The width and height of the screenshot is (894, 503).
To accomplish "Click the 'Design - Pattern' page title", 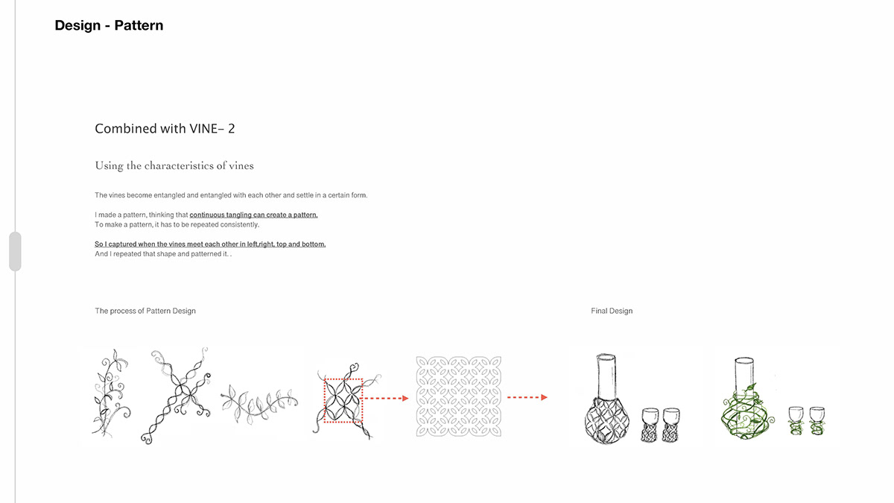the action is click(109, 25).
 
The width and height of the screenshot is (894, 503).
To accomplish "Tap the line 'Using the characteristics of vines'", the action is click(174, 165).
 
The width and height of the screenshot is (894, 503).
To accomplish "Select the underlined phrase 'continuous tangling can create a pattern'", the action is click(253, 215).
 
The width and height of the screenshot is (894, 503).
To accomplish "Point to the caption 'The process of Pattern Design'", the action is click(145, 311).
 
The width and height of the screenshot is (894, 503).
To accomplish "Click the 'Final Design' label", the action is click(612, 311).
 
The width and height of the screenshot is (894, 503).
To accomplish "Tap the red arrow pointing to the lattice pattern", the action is click(386, 398).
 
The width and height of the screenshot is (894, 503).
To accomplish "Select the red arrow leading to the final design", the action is click(527, 397).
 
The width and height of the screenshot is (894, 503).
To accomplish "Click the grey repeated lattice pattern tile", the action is click(459, 396).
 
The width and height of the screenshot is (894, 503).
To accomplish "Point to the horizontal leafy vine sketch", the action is click(259, 403).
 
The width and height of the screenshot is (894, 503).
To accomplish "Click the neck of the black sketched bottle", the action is click(606, 376).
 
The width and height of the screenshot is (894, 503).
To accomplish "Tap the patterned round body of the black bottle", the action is click(606, 421).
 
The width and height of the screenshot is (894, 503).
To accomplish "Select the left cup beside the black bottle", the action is click(650, 425).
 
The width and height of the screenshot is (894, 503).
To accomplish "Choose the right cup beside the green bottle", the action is click(817, 421).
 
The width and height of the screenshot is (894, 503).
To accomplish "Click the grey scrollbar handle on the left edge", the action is click(15, 252).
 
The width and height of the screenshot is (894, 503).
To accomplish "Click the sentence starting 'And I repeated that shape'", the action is click(163, 254).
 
